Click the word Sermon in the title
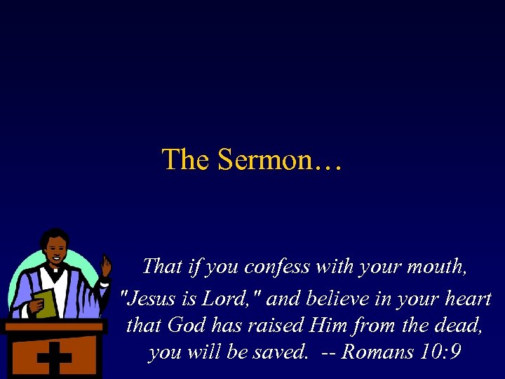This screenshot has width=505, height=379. pyautogui.click(x=265, y=160)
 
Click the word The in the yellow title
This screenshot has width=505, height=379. pyautogui.click(x=186, y=160)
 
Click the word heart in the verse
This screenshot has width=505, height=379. pyautogui.click(x=465, y=299)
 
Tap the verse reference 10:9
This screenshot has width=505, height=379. pyautogui.click(x=441, y=352)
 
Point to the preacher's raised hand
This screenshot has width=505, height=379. pyautogui.click(x=106, y=266)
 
